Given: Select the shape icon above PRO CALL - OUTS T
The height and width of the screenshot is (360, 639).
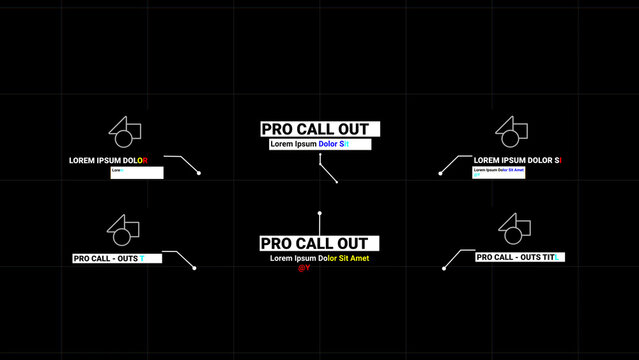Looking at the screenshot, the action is coord(123,229).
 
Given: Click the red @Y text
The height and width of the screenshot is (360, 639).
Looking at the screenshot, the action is coord(304,268).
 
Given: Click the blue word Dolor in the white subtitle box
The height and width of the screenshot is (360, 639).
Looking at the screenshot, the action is coord(330,144).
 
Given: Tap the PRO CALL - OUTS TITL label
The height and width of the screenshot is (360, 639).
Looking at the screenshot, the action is coord(518,257).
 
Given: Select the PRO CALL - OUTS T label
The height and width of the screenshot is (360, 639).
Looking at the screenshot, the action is coord(109,258).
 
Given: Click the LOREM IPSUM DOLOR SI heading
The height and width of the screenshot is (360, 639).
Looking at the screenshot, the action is coord(517,160).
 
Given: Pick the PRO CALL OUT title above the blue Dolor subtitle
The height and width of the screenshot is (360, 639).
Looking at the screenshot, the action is coord(320,129).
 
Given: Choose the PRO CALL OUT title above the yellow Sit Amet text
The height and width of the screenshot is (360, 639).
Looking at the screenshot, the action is coord(320,243).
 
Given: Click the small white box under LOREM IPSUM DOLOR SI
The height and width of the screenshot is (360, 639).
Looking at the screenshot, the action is coord(498,171).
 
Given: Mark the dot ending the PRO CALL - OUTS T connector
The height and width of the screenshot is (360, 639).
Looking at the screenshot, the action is coord(194,268).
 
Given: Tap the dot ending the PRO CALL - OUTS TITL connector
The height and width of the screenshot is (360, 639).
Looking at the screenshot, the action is coord(444,267).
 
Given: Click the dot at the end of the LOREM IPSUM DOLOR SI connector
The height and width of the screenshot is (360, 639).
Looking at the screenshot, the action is coord(440,173).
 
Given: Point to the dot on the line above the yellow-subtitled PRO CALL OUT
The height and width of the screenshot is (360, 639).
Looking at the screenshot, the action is coord(320,213).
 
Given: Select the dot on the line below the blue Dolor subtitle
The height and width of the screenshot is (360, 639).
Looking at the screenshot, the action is coord(337,182).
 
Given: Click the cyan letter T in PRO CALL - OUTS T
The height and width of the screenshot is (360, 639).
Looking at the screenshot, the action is coord(142,258).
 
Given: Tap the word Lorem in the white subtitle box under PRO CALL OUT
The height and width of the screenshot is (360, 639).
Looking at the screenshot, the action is coord(282,144).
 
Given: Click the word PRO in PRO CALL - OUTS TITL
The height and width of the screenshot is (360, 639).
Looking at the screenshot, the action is coord(486,257).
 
